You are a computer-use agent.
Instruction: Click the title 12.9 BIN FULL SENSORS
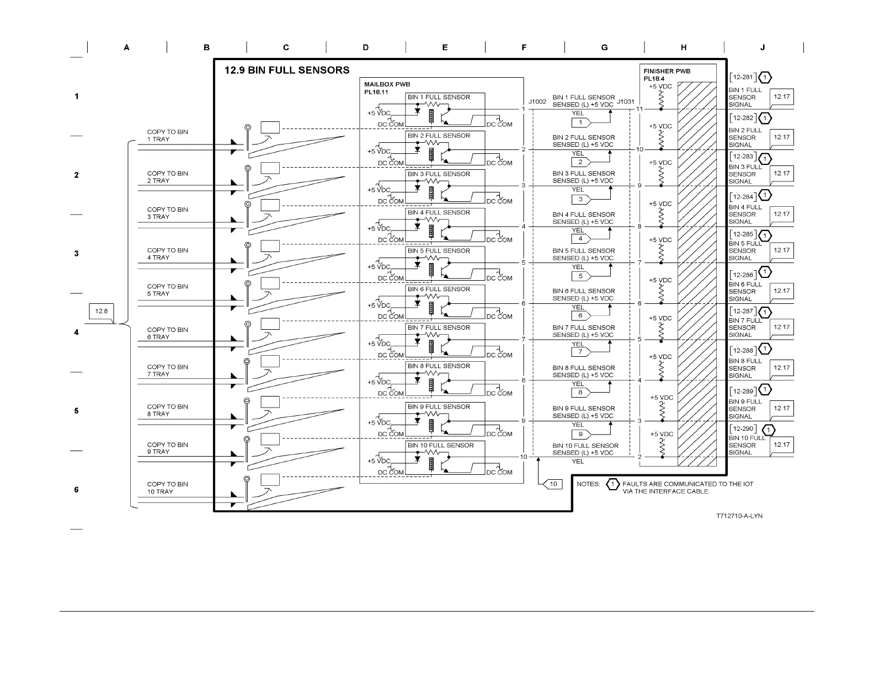(286, 70)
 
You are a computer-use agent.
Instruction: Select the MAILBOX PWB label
(387, 84)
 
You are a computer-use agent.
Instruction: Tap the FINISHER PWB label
(667, 71)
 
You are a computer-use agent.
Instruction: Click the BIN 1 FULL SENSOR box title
(439, 97)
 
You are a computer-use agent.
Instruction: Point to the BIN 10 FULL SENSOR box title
(440, 445)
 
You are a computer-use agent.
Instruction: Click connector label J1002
(537, 101)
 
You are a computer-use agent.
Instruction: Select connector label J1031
(626, 101)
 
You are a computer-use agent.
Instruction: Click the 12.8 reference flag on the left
(102, 311)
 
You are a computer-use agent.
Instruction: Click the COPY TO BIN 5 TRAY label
(167, 290)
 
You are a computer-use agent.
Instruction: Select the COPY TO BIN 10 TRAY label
(167, 488)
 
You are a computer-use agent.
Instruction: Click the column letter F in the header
(524, 47)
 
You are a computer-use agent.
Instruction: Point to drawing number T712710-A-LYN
(739, 516)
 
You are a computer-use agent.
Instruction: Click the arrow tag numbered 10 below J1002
(553, 484)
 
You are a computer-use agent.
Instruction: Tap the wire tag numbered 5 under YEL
(580, 276)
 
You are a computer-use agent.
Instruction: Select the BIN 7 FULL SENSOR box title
(439, 328)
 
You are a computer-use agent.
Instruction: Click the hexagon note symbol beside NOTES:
(612, 484)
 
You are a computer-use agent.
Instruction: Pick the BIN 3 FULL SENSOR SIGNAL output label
(744, 174)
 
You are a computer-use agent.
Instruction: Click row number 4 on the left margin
(76, 332)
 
